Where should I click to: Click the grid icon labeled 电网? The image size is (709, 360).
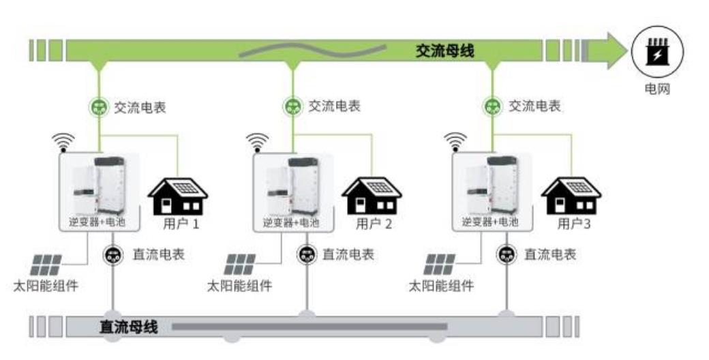tap(657, 52)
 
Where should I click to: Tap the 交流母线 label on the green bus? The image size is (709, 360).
tap(444, 51)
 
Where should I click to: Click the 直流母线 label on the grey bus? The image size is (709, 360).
tap(129, 327)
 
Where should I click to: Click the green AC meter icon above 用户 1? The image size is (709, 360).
tap(100, 106)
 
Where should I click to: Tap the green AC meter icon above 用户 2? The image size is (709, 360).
tap(292, 106)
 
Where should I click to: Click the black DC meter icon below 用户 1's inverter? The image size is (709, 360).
tap(112, 255)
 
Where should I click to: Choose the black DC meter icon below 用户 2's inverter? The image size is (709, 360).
tap(306, 255)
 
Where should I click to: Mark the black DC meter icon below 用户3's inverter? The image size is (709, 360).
tap(506, 255)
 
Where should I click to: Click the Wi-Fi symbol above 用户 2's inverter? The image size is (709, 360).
tap(257, 141)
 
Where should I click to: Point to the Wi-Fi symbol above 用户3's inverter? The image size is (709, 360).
tap(455, 141)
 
